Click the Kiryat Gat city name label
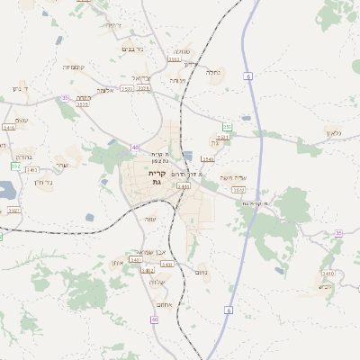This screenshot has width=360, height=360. point(154,176)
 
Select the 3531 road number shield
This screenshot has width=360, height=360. point(222,137)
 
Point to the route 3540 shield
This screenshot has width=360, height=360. point(208,158)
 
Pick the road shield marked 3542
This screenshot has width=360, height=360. point(238,190)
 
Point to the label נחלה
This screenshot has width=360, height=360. point(213,72)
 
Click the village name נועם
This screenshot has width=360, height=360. point(202,273)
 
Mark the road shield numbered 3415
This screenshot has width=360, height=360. point(82,104)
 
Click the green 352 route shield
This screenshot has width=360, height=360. point(228,127)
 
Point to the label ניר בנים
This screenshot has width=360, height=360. point(132,49)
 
